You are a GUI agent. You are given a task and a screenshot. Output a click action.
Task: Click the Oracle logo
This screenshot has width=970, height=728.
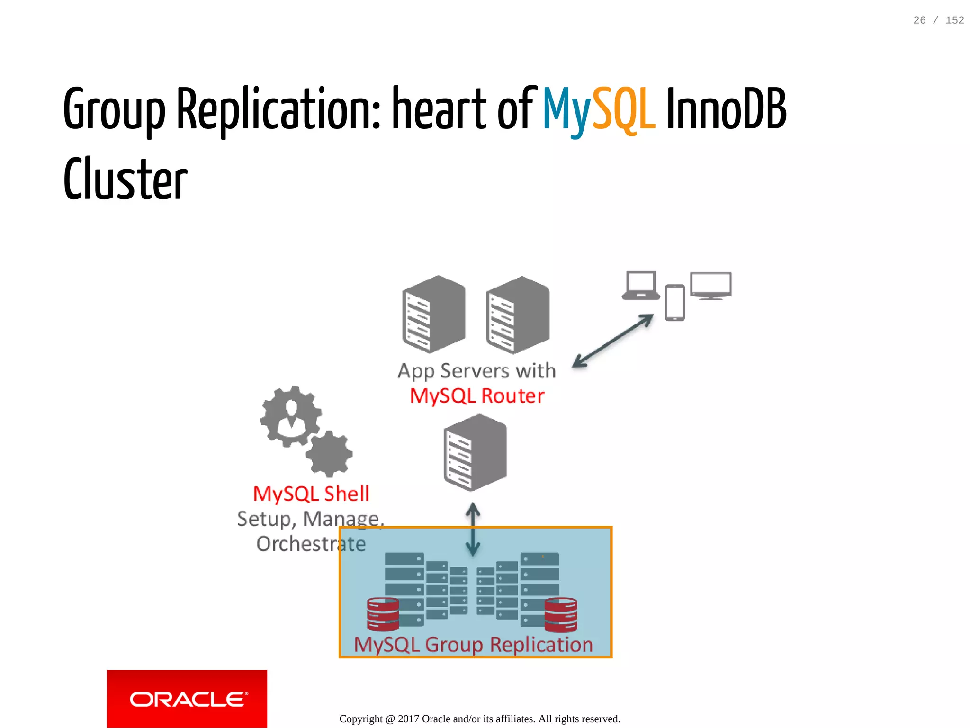click(187, 699)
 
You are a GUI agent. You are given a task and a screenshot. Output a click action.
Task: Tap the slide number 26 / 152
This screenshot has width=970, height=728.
click(938, 20)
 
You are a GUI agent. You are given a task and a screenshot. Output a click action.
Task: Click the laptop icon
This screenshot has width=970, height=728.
click(641, 286)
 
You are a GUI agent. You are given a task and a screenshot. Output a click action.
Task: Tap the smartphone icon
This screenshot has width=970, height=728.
click(674, 303)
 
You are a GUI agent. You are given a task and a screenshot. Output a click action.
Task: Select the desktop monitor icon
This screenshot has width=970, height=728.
click(710, 286)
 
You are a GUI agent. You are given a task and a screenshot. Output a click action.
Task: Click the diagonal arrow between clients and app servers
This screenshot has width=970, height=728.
click(613, 341)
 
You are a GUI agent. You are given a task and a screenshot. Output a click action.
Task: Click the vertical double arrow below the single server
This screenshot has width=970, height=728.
click(473, 529)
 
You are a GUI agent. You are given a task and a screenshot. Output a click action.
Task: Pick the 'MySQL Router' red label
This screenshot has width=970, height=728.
click(477, 396)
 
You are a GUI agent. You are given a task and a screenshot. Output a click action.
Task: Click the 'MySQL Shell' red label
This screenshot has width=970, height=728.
click(311, 494)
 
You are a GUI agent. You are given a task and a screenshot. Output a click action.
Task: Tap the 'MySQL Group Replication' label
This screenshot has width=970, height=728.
click(473, 645)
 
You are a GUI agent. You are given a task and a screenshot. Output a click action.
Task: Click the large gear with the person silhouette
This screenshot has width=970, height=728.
click(291, 416)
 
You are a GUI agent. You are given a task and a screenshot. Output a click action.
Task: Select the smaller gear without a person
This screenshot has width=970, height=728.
click(329, 453)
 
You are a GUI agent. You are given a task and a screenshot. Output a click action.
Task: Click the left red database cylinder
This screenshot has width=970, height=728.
click(383, 614)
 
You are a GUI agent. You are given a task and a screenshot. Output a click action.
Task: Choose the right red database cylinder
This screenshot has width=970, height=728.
click(561, 615)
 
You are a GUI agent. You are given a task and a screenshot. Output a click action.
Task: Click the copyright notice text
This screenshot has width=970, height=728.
click(479, 719)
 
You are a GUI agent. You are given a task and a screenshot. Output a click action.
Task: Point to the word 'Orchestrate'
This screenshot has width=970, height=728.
click(311, 544)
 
